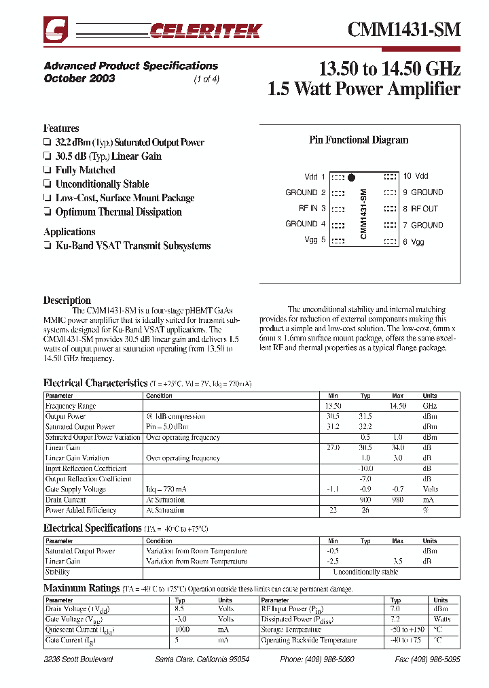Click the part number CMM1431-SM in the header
coord(404,29)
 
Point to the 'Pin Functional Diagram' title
coord(359,140)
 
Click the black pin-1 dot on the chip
coord(351,178)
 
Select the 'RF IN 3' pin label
coord(312,209)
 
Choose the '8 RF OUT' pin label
coord(420,209)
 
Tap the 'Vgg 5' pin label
coord(315,240)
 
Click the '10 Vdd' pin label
coord(416,176)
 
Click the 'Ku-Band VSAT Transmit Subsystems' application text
coord(133,245)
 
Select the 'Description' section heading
coord(67,300)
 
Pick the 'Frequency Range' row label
coord(71,406)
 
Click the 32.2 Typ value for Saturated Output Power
coord(365,427)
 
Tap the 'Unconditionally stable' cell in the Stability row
coord(365,572)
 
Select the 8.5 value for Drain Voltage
coord(180,609)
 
